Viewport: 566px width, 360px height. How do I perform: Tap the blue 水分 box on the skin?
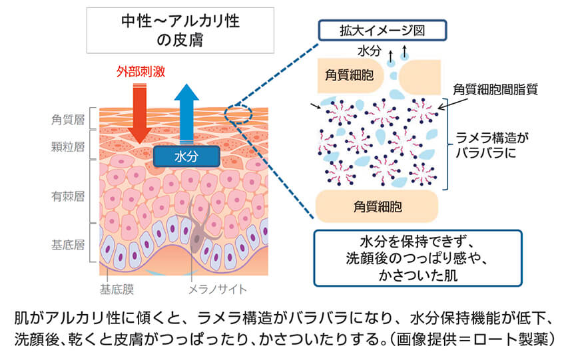(x=186, y=156)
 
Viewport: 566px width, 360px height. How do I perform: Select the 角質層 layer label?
(x=67, y=120)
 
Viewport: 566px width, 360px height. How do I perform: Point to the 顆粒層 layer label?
(x=67, y=146)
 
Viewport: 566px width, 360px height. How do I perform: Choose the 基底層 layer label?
(x=67, y=244)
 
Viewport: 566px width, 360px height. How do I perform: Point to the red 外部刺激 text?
(x=140, y=70)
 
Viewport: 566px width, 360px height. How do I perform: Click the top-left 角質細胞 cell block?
(x=349, y=77)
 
